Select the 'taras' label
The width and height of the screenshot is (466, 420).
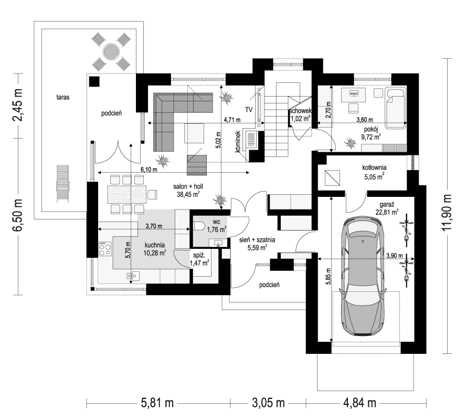coord(63,97)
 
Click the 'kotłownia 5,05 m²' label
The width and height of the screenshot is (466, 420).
coord(374,172)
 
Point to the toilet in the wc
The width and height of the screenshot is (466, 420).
coord(198,226)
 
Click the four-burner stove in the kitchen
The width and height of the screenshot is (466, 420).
coord(105,249)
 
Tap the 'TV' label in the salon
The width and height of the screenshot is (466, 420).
coord(249,110)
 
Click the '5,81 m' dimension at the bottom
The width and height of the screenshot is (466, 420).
coord(156,403)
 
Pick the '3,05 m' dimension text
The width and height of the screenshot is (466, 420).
coord(268,403)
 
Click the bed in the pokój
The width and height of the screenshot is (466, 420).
coord(396,108)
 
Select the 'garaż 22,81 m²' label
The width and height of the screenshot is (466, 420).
coord(386,208)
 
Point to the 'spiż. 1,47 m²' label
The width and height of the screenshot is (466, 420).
coord(199,259)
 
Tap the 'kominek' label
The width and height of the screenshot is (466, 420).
coord(237,142)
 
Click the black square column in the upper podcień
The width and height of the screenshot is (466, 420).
coord(94,81)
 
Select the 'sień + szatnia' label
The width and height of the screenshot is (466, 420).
coord(257,239)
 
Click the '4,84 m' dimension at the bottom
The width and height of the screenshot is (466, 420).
coord(359,403)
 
